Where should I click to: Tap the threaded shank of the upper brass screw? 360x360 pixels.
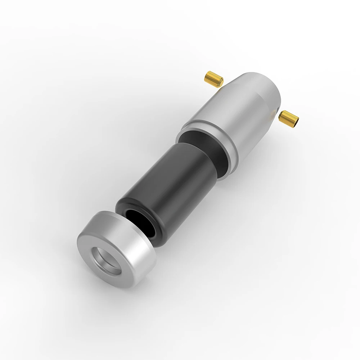point(213,77)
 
